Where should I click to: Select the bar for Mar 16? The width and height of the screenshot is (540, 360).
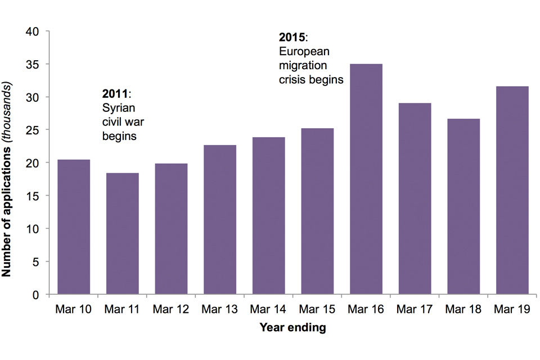(x=366, y=179)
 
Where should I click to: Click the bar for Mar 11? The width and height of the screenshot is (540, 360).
(x=122, y=233)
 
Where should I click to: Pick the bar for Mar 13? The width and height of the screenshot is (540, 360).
(x=219, y=220)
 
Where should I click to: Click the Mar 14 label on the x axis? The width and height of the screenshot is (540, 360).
(x=268, y=309)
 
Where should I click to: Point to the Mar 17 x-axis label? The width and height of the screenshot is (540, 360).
(x=415, y=309)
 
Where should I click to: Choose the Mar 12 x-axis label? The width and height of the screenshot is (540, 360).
(x=171, y=309)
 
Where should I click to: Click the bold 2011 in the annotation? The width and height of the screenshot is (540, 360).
(x=115, y=94)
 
